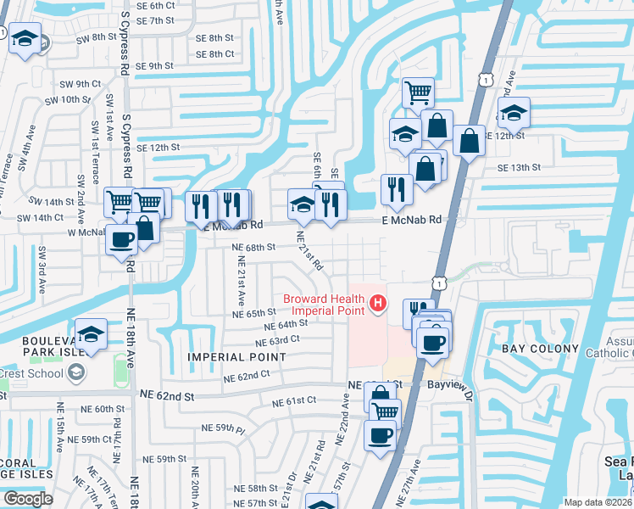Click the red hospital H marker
(x=378, y=302)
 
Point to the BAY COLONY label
(x=542, y=349)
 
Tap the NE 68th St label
(x=254, y=247)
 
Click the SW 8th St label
(x=92, y=36)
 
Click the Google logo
(x=27, y=499)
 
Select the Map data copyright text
(x=598, y=502)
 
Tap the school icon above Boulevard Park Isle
(x=91, y=333)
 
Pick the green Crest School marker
(x=75, y=372)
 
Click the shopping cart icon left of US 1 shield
(x=418, y=91)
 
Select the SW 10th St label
(x=70, y=99)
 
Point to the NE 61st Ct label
(x=294, y=400)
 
